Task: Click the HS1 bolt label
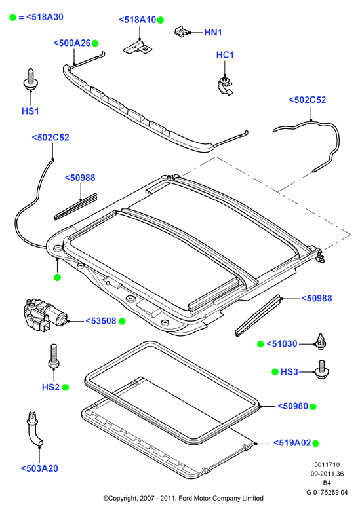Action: pyautogui.click(x=30, y=111)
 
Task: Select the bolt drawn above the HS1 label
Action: pyautogui.click(x=30, y=79)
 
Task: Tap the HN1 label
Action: pyautogui.click(x=213, y=32)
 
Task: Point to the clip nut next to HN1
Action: pyautogui.click(x=182, y=31)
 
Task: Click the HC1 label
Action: pyautogui.click(x=225, y=55)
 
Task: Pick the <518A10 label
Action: pyautogui.click(x=138, y=20)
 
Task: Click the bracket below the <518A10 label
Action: pyautogui.click(x=138, y=47)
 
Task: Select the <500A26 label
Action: pyautogui.click(x=72, y=43)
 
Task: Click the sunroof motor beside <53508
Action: pyautogui.click(x=45, y=314)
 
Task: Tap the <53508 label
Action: pyautogui.click(x=101, y=321)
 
